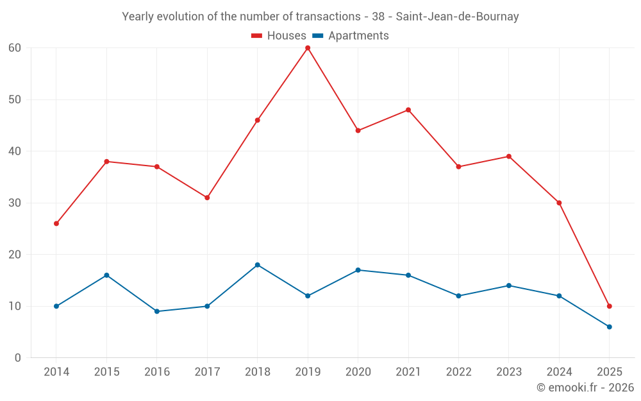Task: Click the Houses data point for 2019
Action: pyautogui.click(x=308, y=48)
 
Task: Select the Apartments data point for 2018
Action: pyautogui.click(x=258, y=265)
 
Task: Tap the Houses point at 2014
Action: pyautogui.click(x=56, y=223)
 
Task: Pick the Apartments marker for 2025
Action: pyautogui.click(x=609, y=327)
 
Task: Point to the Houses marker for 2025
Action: pyautogui.click(x=609, y=306)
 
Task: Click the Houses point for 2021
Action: pyautogui.click(x=408, y=110)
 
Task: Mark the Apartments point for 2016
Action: pyautogui.click(x=157, y=311)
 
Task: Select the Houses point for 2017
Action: pyautogui.click(x=207, y=198)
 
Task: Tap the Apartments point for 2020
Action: pyautogui.click(x=358, y=270)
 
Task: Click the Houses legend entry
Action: pyautogui.click(x=279, y=36)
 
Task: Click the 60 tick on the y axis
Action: pyautogui.click(x=15, y=48)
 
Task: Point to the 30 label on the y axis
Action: pyautogui.click(x=15, y=203)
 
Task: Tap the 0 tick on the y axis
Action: pyautogui.click(x=18, y=358)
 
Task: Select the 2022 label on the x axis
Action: pyautogui.click(x=458, y=372)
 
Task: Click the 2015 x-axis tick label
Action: pyautogui.click(x=106, y=372)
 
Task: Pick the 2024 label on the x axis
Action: pyautogui.click(x=559, y=372)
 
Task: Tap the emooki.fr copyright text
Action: pyautogui.click(x=585, y=388)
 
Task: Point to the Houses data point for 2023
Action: pyautogui.click(x=508, y=157)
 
